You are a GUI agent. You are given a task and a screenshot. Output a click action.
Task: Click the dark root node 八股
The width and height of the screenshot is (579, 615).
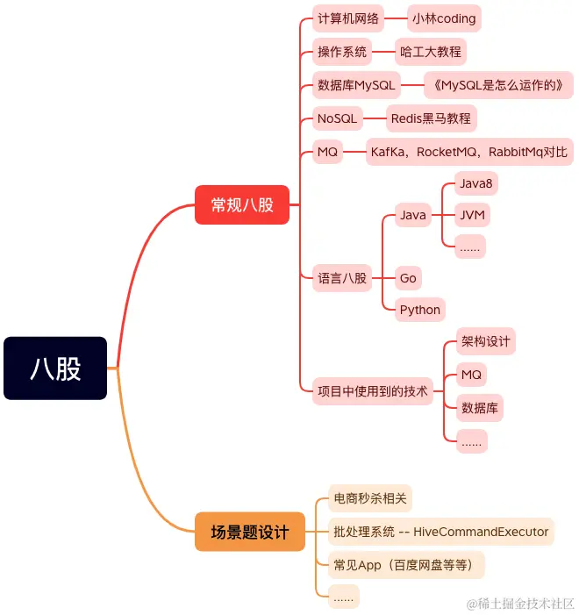[55, 368]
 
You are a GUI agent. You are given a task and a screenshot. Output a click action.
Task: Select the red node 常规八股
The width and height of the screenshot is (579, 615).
[242, 205]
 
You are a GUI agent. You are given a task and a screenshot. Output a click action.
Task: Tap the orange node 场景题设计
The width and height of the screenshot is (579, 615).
[249, 533]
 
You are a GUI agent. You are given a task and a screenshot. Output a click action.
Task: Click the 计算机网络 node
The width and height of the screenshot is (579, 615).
[348, 18]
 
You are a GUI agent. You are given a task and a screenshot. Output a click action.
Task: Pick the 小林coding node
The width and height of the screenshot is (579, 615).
[444, 18]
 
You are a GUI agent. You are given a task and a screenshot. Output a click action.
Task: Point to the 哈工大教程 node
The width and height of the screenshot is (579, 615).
[430, 52]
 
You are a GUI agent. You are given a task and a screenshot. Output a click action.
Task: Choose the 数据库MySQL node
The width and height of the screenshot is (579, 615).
[356, 85]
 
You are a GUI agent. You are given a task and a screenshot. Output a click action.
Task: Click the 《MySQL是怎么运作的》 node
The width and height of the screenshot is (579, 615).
[497, 85]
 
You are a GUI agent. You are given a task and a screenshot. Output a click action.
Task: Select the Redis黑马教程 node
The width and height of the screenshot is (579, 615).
[431, 118]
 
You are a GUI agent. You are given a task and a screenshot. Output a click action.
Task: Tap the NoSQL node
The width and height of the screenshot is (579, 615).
[337, 118]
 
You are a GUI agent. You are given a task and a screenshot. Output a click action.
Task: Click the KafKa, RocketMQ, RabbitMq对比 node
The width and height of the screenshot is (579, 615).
[468, 152]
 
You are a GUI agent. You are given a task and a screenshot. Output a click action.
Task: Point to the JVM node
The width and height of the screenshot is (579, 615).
[474, 215]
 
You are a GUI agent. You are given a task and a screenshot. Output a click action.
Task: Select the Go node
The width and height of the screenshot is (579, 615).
[408, 278]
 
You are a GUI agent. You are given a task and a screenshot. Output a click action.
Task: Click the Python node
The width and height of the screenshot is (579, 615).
[419, 310]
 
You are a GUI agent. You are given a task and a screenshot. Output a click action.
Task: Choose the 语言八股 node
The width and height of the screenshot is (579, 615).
[342, 278]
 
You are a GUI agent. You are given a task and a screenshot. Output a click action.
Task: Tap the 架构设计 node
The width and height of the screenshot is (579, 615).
[485, 341]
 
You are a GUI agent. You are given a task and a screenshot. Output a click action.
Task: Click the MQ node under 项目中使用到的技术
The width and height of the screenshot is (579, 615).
[471, 375]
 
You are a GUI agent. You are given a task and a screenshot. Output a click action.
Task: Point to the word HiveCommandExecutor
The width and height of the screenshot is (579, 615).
[481, 532]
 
